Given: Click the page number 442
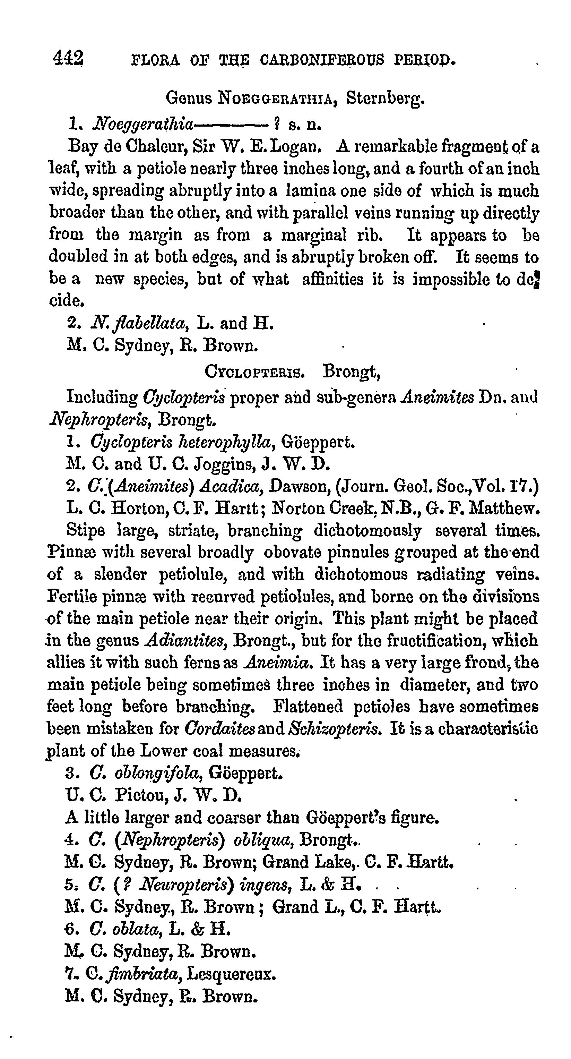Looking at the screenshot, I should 68,58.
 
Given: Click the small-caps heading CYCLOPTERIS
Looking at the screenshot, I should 254,372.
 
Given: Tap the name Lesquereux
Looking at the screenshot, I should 231,973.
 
